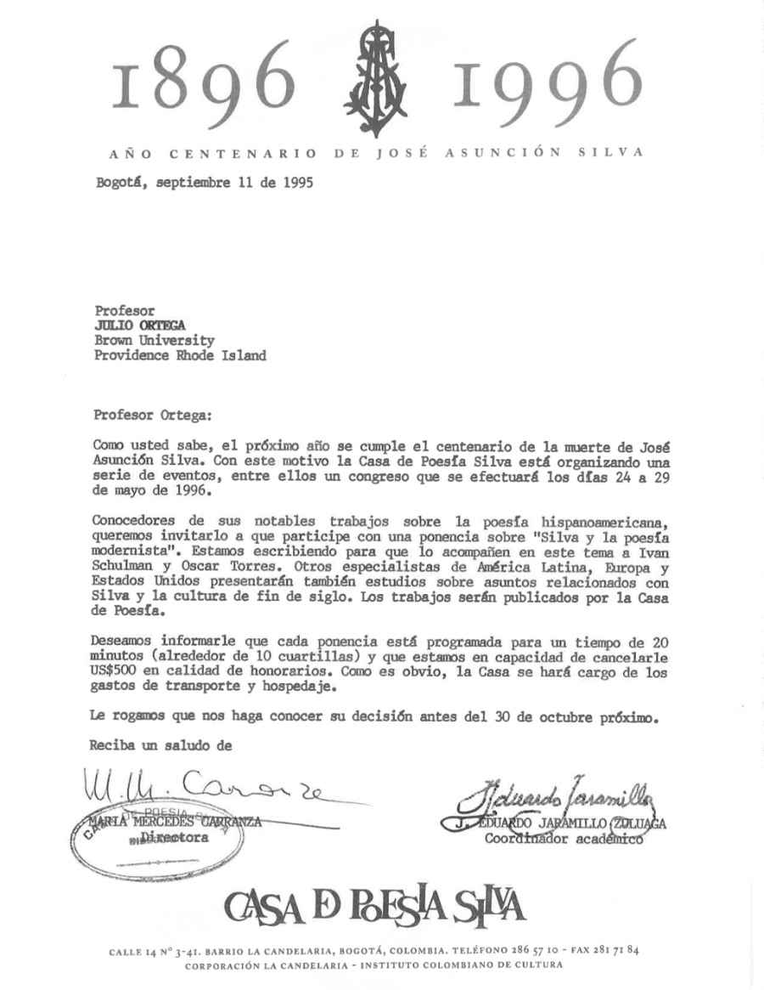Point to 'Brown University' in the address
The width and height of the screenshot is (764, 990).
click(x=154, y=340)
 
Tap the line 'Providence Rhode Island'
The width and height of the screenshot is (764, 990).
click(x=180, y=355)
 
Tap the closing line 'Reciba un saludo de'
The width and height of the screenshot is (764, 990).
click(x=160, y=745)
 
